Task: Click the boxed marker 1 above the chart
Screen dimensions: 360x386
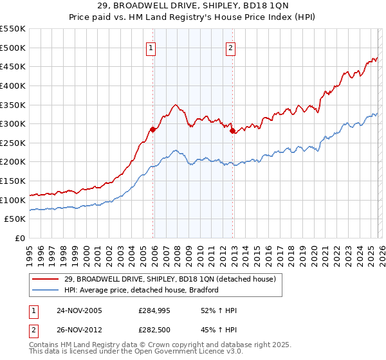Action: point(151,47)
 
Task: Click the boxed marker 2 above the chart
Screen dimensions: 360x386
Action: point(230,47)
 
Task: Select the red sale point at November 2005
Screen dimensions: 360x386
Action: point(152,129)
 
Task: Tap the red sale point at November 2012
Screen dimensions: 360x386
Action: point(233,130)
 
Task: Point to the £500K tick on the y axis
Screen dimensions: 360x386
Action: point(13,48)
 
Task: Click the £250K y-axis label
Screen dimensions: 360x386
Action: point(13,143)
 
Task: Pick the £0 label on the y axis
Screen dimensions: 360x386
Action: point(20,238)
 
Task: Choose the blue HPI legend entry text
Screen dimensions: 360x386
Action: point(142,290)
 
